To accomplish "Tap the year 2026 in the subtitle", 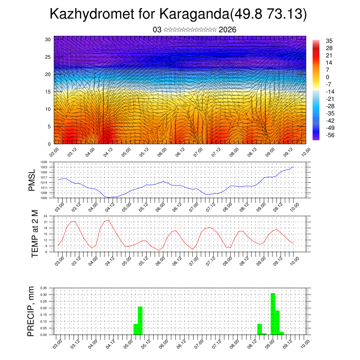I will pos(227,30).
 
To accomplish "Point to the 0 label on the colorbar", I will pos(327,77).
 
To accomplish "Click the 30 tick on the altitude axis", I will pos(48,39).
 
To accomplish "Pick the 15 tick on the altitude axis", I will pos(48,92).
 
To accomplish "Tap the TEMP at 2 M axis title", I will pos(34,233).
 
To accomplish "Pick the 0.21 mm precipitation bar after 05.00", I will pos(140,320).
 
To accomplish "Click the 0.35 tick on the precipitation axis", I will pos(44,288).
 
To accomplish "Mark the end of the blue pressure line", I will pos(294,167).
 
